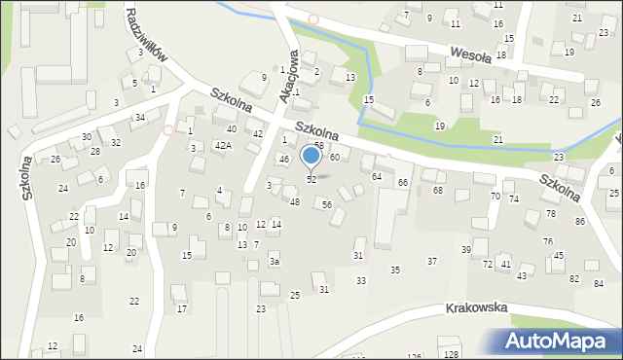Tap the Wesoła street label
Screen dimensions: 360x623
click(472, 52)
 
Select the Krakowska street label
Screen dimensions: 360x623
click(477, 307)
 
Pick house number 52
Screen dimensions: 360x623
click(311, 180)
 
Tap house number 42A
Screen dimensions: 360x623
click(223, 145)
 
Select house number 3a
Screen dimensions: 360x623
click(275, 261)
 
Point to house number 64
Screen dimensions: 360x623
click(376, 176)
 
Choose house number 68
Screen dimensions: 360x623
click(438, 190)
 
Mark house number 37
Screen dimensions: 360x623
click(432, 261)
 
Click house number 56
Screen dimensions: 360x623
click(327, 204)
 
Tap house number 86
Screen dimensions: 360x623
click(580, 222)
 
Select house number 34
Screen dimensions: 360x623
click(140, 118)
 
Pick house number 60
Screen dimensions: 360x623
click(334, 157)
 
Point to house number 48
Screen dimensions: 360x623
click(294, 201)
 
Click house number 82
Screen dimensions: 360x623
click(573, 280)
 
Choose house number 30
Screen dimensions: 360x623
click(87, 137)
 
